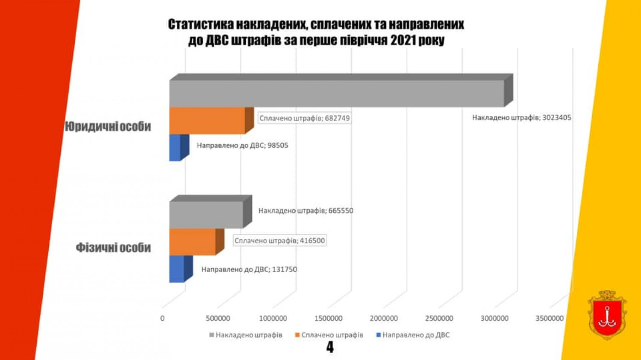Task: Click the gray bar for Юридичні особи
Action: pos(336,94)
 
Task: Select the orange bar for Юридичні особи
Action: pos(207,120)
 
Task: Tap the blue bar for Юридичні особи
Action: pos(175,148)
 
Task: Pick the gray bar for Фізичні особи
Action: pos(206,215)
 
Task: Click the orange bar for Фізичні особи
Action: pos(192,242)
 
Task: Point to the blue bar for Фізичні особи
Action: pos(177,269)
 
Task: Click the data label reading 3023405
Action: pos(521,117)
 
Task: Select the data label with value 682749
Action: pos(305,118)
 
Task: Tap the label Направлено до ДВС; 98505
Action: pos(242,145)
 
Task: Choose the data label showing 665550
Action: pos(306,211)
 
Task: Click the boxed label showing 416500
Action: pos(280,240)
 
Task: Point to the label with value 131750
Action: pos(249,269)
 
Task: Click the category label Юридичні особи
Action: pos(108,126)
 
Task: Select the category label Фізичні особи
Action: pos(113,248)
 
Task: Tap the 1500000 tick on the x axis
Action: pos(328,318)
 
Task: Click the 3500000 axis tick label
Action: pos(550,318)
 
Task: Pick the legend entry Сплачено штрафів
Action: pos(329,335)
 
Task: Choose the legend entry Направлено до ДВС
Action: pos(413,335)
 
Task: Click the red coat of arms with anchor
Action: pos(607,315)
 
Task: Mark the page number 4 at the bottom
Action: pos(330,347)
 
